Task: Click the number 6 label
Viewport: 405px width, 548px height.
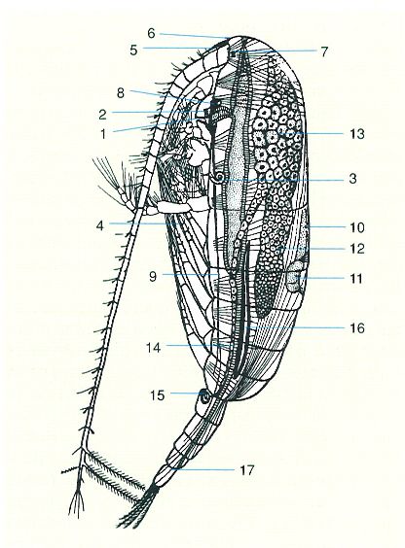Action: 151,33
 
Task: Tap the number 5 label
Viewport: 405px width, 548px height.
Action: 133,51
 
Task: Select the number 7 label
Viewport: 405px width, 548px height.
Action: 324,51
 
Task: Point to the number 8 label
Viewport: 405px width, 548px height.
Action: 121,93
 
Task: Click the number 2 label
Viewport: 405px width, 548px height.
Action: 102,115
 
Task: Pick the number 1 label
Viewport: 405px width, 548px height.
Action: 103,134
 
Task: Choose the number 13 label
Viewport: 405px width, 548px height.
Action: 357,134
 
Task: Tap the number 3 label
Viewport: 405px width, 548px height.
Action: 352,179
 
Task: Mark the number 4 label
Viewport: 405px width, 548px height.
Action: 100,225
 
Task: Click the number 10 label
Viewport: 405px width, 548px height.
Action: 357,227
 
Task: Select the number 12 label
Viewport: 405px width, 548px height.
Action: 357,249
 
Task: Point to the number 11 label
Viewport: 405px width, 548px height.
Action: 356,279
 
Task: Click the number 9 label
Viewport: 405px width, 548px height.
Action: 153,277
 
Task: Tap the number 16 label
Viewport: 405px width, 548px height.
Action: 357,328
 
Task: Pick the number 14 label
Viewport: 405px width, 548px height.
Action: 154,348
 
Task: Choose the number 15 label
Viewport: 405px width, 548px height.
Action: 158,395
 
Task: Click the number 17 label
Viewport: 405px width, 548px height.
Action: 246,470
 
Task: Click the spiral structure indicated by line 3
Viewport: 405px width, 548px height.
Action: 220,178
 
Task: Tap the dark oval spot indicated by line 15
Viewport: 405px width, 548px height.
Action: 203,397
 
